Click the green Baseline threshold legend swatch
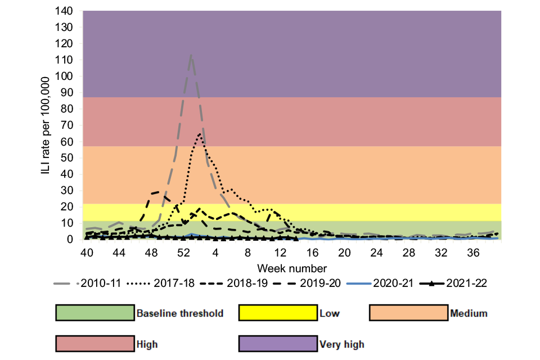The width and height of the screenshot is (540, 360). coord(94,313)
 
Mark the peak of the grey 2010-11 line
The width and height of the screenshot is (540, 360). coord(191,55)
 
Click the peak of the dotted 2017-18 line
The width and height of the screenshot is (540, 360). coord(200,133)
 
